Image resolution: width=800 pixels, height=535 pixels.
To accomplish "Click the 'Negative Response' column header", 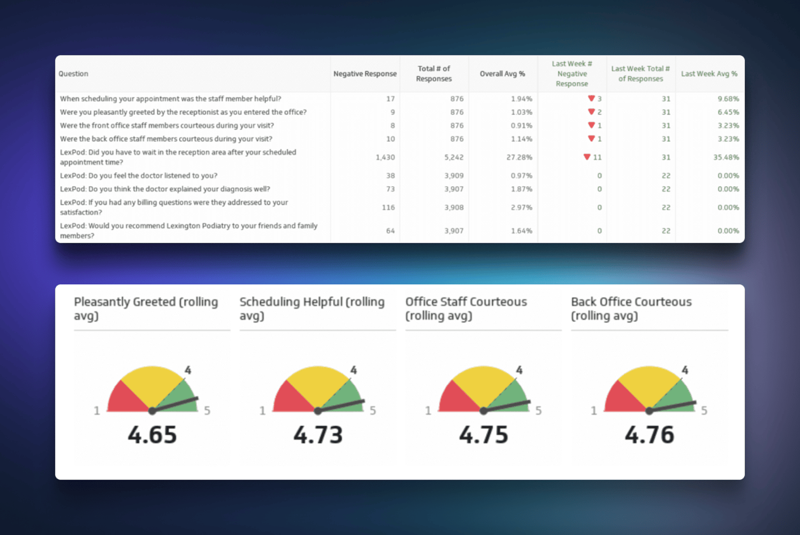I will coord(365,74).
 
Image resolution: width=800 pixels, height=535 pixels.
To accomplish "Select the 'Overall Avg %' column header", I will coord(502,74).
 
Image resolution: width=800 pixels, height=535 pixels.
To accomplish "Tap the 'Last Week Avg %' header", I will coord(709,74).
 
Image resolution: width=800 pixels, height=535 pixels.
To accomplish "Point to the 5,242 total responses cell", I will coord(453,158).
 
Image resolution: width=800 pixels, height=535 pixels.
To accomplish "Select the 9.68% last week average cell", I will coord(728,99).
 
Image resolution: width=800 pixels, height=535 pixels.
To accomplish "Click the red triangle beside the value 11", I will coord(587,157).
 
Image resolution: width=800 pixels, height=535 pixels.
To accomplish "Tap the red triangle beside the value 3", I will coord(591,99).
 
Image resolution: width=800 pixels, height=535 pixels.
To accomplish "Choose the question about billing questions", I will coord(174,207).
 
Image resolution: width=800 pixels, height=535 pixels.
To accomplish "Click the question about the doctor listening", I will coord(139,176).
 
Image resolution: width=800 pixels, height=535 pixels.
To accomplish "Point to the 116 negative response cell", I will coord(388,208).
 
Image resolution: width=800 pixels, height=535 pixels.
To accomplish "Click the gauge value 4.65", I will coord(152,435).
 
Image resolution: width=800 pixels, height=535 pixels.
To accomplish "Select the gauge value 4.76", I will coord(649,435).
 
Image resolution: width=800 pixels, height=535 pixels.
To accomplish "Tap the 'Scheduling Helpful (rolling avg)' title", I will coord(312,309).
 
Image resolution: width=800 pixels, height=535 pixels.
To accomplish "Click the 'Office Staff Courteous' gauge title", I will coord(466,309).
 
